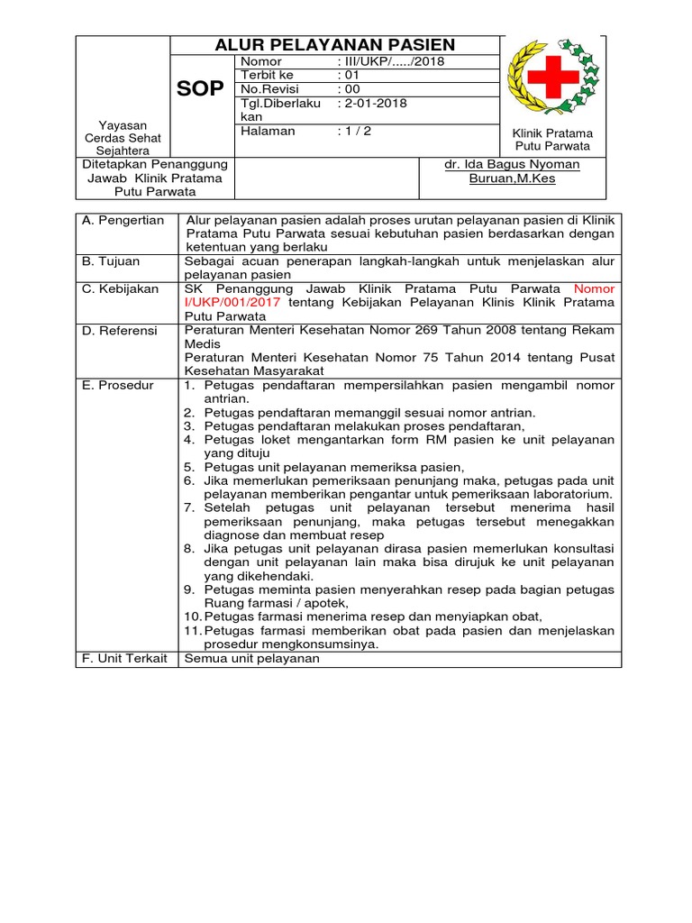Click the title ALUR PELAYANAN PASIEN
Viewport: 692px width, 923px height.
334,45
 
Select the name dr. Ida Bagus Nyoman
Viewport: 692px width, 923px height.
512,164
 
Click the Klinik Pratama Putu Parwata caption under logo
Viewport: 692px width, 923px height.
552,139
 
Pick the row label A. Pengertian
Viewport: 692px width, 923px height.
123,220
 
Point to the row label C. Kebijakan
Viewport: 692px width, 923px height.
120,288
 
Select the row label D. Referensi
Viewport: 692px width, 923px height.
119,331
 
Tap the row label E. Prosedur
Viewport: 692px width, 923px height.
118,385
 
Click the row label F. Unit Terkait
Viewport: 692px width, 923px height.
124,658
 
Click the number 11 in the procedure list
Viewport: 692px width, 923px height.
189,630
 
